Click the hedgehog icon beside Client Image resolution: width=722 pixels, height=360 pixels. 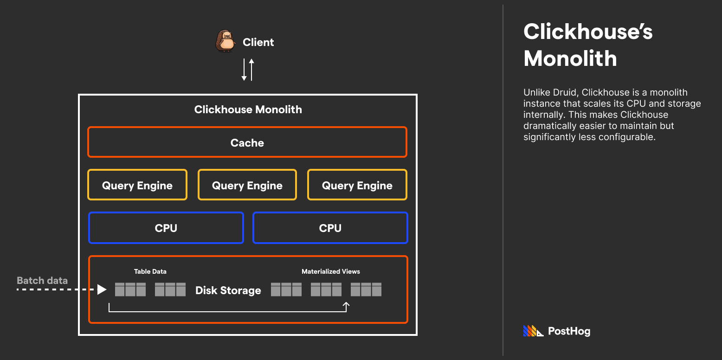[226, 41]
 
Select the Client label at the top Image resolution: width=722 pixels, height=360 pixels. [258, 42]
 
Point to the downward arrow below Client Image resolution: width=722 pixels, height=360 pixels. [244, 70]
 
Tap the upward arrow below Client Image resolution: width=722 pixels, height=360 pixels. [251, 70]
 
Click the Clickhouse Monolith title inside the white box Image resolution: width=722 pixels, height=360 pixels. [248, 109]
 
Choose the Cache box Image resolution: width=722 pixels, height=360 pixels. [247, 142]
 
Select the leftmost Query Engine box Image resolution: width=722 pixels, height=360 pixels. [137, 185]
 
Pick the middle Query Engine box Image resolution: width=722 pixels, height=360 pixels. [247, 185]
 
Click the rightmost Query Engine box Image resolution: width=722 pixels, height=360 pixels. [357, 185]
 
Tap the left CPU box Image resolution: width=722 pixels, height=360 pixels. [166, 228]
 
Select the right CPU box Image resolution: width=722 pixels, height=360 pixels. [330, 228]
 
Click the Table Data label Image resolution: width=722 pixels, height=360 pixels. [150, 271]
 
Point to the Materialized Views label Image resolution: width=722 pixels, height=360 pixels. [330, 271]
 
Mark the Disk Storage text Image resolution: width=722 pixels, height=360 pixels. [228, 290]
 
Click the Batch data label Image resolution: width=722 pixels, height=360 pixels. [42, 281]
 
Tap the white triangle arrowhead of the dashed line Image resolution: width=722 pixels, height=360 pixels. [102, 289]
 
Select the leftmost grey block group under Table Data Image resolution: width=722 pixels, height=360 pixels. [130, 289]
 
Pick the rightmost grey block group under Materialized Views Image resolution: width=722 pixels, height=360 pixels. [366, 289]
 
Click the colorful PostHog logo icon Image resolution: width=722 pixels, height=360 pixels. [533, 331]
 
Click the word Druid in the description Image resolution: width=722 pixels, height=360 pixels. [562, 92]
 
